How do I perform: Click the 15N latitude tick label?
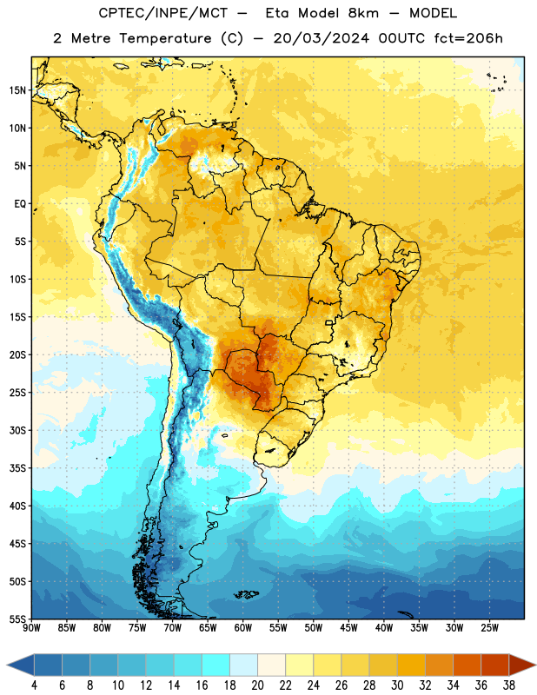pyautogui.click(x=17, y=90)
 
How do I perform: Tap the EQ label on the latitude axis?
pyautogui.click(x=20, y=204)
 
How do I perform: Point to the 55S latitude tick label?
pyautogui.click(x=17, y=619)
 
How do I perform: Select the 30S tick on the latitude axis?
pyautogui.click(x=17, y=430)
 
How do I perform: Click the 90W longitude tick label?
pyautogui.click(x=31, y=628)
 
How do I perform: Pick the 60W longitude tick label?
pyautogui.click(x=243, y=628)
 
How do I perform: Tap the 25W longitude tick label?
pyautogui.click(x=489, y=628)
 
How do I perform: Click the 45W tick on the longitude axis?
pyautogui.click(x=348, y=628)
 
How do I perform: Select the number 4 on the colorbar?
pyautogui.click(x=34, y=685)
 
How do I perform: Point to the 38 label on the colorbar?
pyautogui.click(x=509, y=685)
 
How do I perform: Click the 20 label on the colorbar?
pyautogui.click(x=257, y=685)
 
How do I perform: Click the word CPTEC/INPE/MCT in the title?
pyautogui.click(x=163, y=13)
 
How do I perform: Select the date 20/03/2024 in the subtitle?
pyautogui.click(x=322, y=38)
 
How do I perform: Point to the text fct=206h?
pyautogui.click(x=468, y=38)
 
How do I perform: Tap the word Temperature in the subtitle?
pyautogui.click(x=165, y=39)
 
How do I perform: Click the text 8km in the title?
pyautogui.click(x=363, y=13)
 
